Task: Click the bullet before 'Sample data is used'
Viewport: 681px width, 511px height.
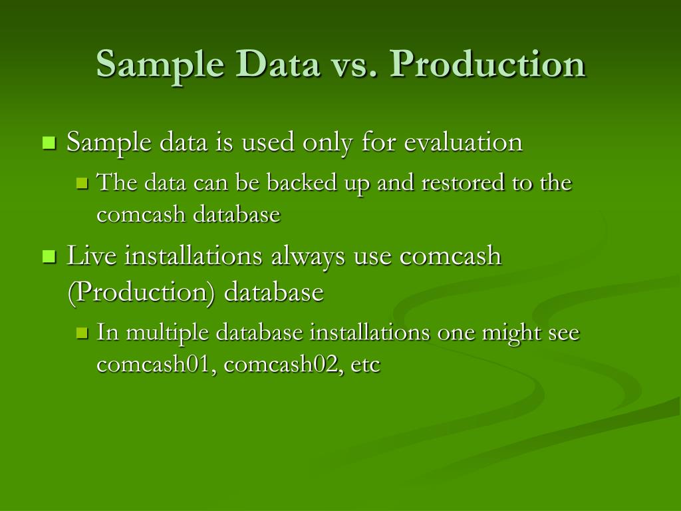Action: pyautogui.click(x=49, y=142)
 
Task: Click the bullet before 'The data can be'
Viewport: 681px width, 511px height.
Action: pyautogui.click(x=82, y=183)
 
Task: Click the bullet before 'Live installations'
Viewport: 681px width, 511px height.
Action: pyautogui.click(x=49, y=257)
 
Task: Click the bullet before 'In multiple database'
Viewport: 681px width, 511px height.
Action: pyautogui.click(x=82, y=333)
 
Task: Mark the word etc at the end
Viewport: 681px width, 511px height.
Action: pyautogui.click(x=365, y=365)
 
